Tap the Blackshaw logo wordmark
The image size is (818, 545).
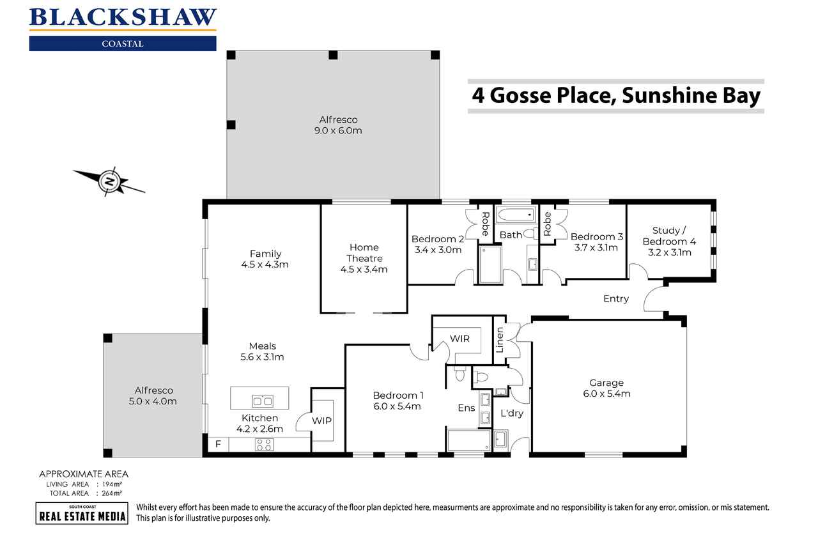pyautogui.click(x=123, y=17)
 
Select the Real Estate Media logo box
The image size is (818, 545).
pyautogui.click(x=82, y=513)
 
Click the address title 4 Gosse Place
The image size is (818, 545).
pyautogui.click(x=616, y=95)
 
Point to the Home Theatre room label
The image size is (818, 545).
pyautogui.click(x=364, y=258)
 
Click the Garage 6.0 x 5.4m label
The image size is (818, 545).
pyautogui.click(x=606, y=388)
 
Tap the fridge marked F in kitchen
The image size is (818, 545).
pyautogui.click(x=219, y=444)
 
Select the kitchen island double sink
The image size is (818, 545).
pyautogui.click(x=262, y=401)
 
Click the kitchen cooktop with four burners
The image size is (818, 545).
pyautogui.click(x=264, y=444)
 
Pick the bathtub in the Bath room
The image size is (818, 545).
pyautogui.click(x=516, y=215)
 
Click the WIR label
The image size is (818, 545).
pyautogui.click(x=459, y=339)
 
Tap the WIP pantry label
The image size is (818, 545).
pyautogui.click(x=321, y=420)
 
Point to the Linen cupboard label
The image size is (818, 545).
pyautogui.click(x=500, y=340)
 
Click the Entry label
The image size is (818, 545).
pyautogui.click(x=616, y=298)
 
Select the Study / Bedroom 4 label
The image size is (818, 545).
pyautogui.click(x=669, y=242)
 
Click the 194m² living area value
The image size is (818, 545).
pyautogui.click(x=112, y=484)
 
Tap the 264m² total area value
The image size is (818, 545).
pyautogui.click(x=112, y=493)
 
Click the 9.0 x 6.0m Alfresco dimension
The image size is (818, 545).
pyautogui.click(x=338, y=130)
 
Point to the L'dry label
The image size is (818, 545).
pyautogui.click(x=512, y=413)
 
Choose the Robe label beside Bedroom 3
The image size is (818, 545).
pyautogui.click(x=547, y=224)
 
